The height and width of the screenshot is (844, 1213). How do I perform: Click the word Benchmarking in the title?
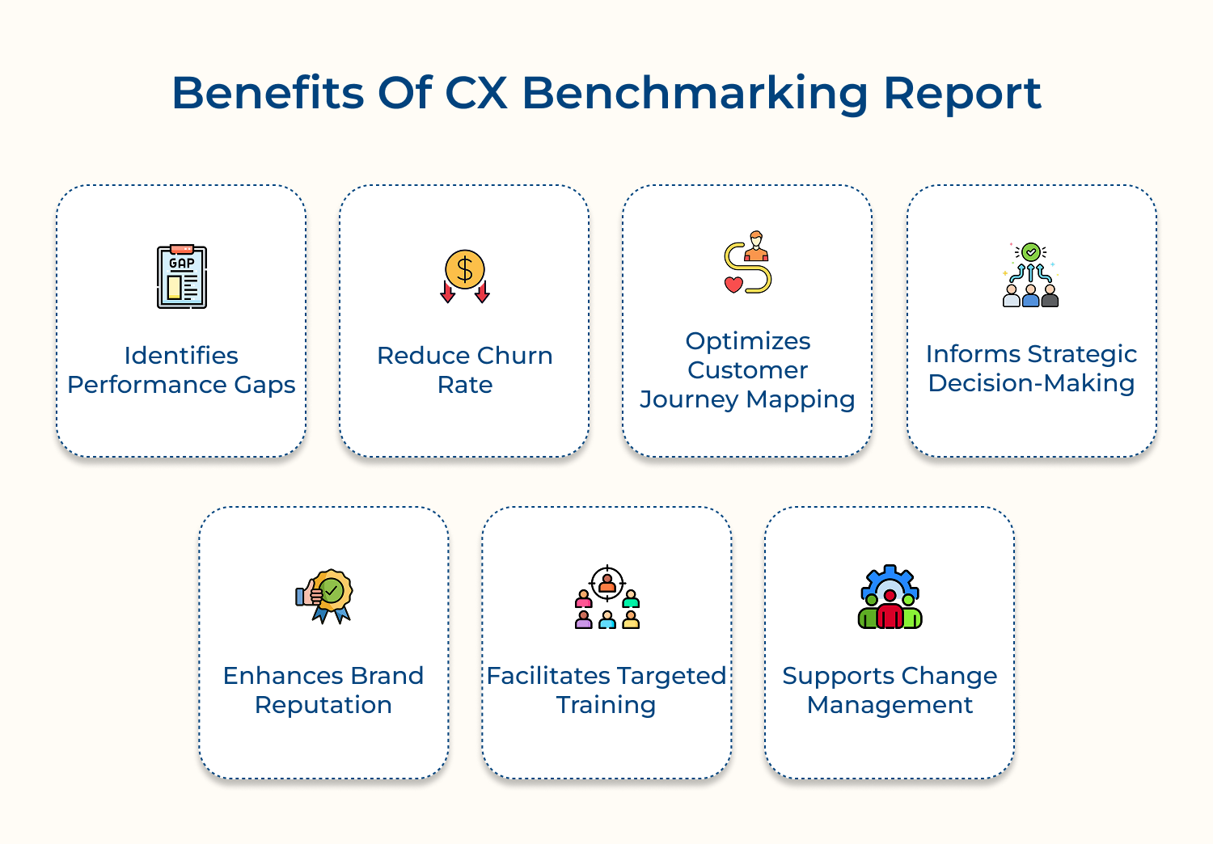coord(695,94)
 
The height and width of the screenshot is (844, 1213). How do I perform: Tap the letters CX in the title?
coord(476,93)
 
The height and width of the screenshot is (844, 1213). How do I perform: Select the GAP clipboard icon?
coord(182,277)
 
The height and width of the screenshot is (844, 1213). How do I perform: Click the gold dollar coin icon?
coord(465,269)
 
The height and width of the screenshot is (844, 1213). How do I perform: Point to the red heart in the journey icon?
coord(733,284)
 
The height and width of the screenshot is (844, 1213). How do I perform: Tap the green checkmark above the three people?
coord(1031,252)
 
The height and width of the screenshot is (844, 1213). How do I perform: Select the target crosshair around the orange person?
coord(607,582)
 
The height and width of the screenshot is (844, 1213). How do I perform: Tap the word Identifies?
coord(181,356)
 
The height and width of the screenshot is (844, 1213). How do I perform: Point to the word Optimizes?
coord(748,341)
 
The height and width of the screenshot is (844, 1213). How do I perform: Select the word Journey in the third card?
coord(689,399)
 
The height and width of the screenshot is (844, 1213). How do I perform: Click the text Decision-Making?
coord(1031,383)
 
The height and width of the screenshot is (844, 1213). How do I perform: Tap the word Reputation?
coord(323,705)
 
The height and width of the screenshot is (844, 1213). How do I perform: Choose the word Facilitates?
coord(548,676)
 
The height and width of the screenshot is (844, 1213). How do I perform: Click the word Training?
coord(606,705)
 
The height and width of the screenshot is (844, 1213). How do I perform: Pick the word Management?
coord(890,705)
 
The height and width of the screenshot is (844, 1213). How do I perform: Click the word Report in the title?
coord(962,94)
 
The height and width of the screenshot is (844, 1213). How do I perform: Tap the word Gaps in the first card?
coord(265,385)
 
